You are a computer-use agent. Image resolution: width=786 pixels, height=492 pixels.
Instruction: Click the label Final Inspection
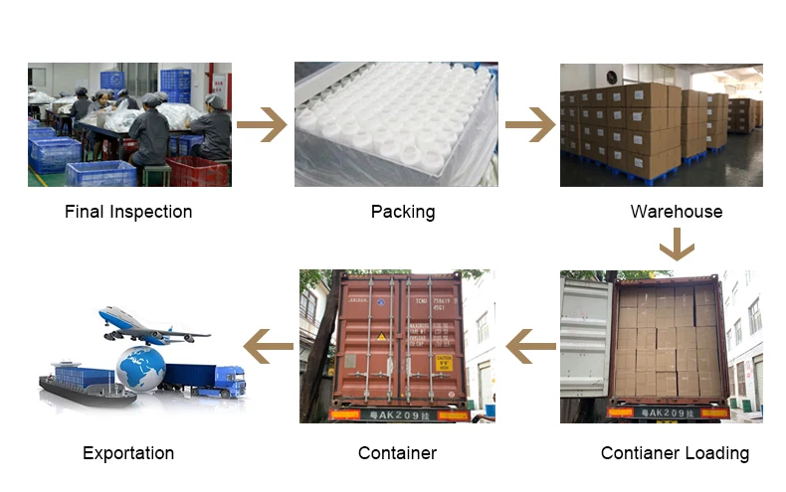click(x=128, y=212)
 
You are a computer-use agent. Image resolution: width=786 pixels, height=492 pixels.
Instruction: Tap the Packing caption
click(x=403, y=212)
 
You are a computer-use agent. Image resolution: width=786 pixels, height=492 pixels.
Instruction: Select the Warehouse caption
click(x=677, y=212)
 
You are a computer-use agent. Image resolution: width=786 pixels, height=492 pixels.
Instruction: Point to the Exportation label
click(x=128, y=453)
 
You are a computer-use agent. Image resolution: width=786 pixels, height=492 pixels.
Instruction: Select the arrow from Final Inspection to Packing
click(x=261, y=125)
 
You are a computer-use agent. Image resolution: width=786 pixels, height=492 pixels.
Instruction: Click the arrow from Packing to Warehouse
click(x=529, y=125)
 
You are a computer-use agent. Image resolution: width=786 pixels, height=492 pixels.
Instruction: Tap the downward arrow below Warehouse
click(x=677, y=244)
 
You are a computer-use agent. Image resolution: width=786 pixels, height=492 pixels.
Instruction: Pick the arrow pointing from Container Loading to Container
click(x=530, y=347)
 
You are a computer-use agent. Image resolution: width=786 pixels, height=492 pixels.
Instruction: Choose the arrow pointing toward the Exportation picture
click(x=269, y=347)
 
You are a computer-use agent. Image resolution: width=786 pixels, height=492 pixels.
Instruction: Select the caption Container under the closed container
click(x=397, y=453)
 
